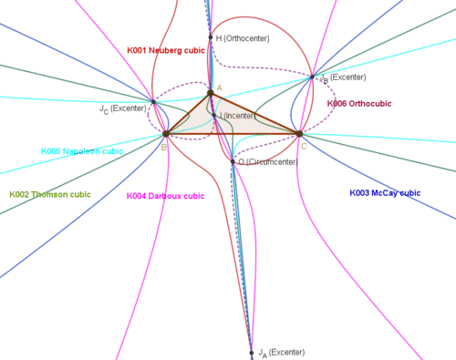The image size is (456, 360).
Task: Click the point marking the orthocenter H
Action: pos(211,37)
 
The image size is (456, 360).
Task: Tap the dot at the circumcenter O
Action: pos(233,161)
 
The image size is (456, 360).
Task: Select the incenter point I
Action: pos(214,116)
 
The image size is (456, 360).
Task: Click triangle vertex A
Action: pos(211,93)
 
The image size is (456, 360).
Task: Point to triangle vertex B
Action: pos(166,133)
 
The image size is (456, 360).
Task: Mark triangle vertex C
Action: pos(300,134)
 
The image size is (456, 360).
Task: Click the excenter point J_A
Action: pos(252,353)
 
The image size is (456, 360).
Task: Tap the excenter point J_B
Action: pos(312,77)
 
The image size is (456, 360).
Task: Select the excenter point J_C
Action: pos(153,102)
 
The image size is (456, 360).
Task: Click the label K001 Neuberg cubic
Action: pos(166,50)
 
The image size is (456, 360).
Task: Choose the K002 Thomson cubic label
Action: pos(50,194)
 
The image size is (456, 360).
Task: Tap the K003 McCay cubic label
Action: pos(385,193)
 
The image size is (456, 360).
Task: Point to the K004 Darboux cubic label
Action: pos(165,196)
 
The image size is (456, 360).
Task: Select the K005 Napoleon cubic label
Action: pos(82,151)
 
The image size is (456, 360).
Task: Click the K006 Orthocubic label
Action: pos(359,104)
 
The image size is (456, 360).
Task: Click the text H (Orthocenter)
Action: pos(243,38)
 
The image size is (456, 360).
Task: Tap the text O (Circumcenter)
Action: pos(268,162)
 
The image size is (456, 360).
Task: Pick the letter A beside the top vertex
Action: pos(219,88)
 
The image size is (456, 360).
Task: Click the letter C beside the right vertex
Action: pos(304,147)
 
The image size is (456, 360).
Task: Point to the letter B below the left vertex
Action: pos(164,148)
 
